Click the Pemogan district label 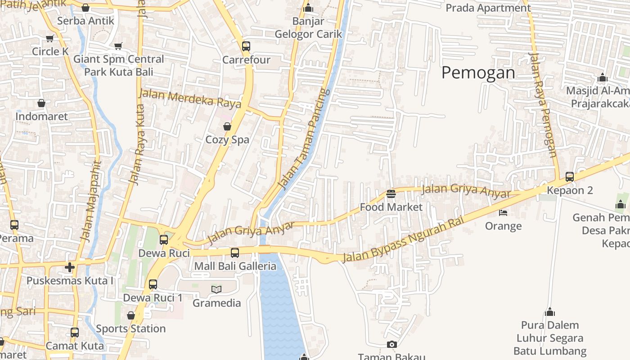(478, 72)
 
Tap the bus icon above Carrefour (246, 46)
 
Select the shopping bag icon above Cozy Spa (227, 126)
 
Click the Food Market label (391, 207)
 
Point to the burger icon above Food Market (391, 194)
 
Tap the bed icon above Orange (503, 212)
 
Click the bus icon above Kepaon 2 (570, 177)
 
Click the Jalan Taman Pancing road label (304, 139)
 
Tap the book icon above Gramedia (216, 289)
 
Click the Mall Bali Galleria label (235, 266)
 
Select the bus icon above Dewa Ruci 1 (153, 284)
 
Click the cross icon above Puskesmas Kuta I (70, 267)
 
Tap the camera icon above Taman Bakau (391, 345)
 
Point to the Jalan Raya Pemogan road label (544, 104)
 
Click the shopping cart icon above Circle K (49, 39)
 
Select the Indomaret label (41, 117)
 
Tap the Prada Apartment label (488, 8)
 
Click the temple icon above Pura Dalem (549, 312)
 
